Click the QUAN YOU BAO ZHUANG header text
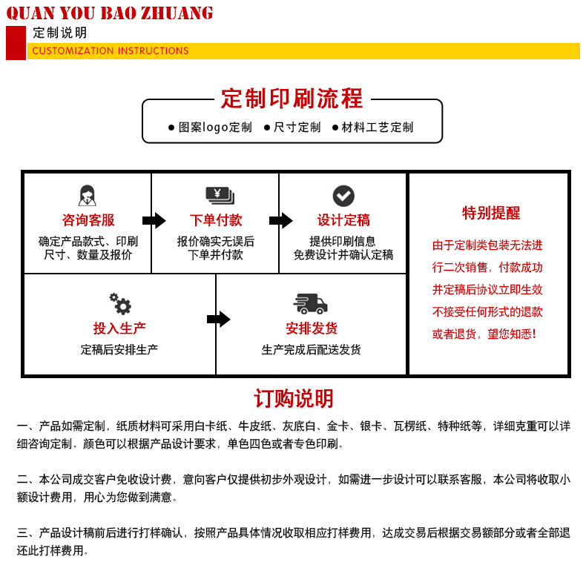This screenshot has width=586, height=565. point(110,13)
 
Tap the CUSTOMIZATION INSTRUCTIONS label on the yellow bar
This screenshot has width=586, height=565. point(111,51)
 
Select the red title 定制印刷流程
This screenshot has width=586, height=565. point(292,99)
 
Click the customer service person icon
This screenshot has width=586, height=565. point(88,196)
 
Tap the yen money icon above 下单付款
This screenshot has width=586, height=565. point(220,196)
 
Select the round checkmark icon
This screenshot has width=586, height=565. point(343,196)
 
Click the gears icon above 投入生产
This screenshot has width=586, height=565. point(120,303)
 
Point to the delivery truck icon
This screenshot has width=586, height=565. point(311,303)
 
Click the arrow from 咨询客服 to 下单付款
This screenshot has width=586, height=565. point(154,220)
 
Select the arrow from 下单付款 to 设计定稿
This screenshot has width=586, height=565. point(280,220)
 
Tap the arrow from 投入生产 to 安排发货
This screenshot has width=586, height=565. point(218,320)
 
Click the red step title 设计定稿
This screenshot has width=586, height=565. point(343,220)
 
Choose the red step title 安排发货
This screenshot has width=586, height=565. point(312,328)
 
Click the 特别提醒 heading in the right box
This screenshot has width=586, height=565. point(491,214)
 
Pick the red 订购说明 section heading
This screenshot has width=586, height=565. point(294,399)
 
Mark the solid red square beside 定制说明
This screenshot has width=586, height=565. point(16,42)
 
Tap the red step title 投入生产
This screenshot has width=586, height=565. point(119,328)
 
